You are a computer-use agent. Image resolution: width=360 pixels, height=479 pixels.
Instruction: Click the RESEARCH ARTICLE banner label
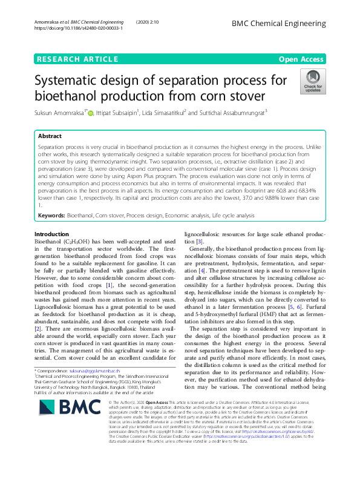77,59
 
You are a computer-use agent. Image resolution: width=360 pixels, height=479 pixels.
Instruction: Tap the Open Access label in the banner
301,59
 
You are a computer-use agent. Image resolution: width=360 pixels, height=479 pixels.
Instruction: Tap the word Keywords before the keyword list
51,216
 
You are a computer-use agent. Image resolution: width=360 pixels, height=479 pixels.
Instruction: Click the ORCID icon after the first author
91,111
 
